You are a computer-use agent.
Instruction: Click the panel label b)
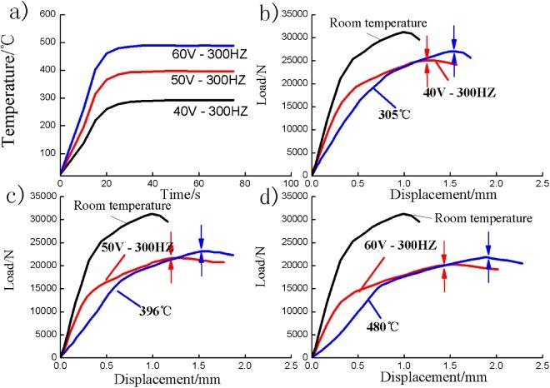(285, 11)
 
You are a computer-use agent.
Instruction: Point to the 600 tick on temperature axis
(47, 13)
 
